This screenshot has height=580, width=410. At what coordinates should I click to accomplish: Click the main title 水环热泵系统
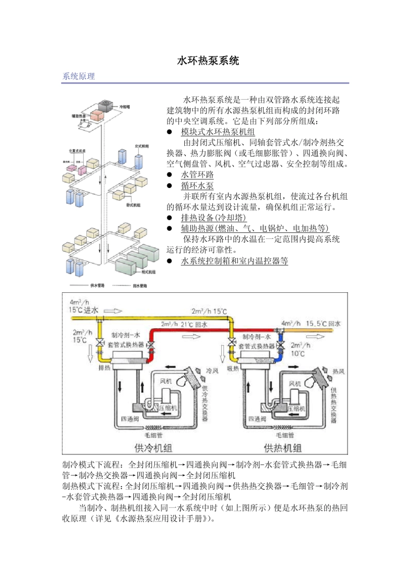tap(208, 61)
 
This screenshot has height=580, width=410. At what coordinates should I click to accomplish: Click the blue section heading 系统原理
tap(79, 76)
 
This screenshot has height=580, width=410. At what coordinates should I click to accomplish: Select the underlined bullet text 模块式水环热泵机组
tap(218, 132)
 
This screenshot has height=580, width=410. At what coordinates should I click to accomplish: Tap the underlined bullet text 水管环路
tap(197, 175)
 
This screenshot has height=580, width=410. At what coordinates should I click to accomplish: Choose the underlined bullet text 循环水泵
tap(197, 185)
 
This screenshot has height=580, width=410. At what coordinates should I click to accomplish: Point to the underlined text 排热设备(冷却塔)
tap(214, 217)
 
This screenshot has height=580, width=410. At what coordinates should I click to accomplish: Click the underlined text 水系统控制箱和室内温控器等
tap(234, 260)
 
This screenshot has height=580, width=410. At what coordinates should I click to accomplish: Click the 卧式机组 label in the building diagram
tap(133, 205)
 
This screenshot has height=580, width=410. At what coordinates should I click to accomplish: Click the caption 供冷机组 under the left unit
tap(153, 448)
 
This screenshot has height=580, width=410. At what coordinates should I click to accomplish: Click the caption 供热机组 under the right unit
tap(282, 448)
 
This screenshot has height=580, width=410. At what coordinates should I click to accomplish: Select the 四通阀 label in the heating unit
tap(257, 418)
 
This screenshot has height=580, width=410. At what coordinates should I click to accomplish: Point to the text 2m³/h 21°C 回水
tap(184, 324)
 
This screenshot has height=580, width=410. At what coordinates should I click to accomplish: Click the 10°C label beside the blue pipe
tap(297, 354)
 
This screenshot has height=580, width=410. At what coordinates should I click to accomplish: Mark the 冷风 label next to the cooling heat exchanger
tap(212, 370)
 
